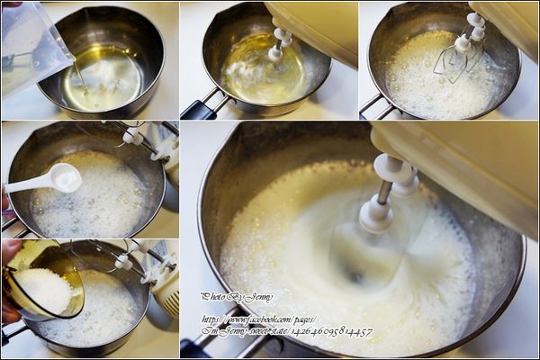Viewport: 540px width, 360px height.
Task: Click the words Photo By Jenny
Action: point(237,296)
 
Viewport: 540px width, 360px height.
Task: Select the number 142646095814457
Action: point(328,332)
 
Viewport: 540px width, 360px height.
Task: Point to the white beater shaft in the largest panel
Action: point(378,211)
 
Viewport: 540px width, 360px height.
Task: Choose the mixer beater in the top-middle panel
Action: point(279,45)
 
